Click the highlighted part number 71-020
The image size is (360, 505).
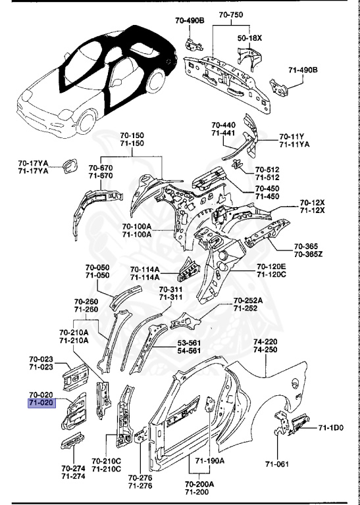tap(41, 403)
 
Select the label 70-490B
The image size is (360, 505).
tap(190, 20)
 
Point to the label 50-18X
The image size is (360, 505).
tap(250, 38)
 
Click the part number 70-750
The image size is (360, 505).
tap(231, 14)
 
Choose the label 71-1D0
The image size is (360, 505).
tap(331, 427)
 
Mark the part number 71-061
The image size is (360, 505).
tap(277, 464)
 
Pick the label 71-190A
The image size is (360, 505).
tap(210, 460)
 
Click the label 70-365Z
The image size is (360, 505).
tap(309, 254)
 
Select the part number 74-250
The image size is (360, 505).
tap(265, 349)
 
